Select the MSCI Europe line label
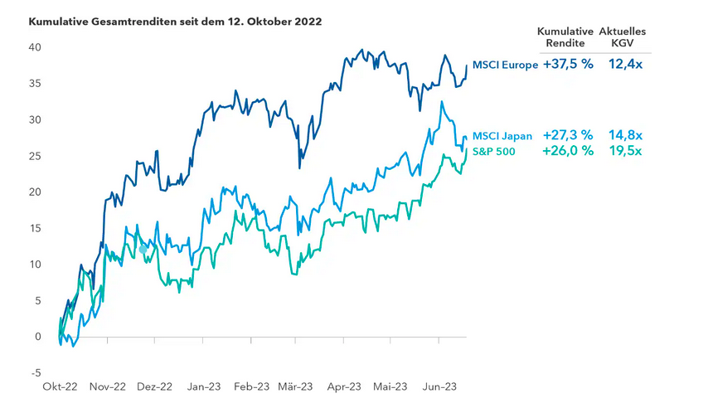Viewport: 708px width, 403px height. pyautogui.click(x=505, y=65)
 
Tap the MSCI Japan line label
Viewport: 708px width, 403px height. pyautogui.click(x=502, y=136)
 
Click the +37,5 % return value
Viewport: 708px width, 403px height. pyautogui.click(x=568, y=65)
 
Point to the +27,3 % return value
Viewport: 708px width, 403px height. pyautogui.click(x=568, y=135)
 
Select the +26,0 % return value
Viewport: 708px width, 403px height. pyautogui.click(x=568, y=151)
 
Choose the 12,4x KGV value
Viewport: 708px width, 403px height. pyautogui.click(x=623, y=65)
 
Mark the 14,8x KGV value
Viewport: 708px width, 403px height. pyautogui.click(x=623, y=135)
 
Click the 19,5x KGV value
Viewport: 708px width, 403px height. pyautogui.click(x=623, y=151)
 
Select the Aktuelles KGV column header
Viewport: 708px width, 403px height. pyautogui.click(x=622, y=36)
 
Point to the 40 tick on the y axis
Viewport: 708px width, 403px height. pyautogui.click(x=36, y=47)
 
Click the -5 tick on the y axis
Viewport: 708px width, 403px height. pyautogui.click(x=37, y=373)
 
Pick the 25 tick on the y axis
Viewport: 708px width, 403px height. pyautogui.click(x=36, y=156)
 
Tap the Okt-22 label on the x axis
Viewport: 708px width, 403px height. pyautogui.click(x=60, y=386)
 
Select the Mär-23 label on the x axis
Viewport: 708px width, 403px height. pyautogui.click(x=295, y=386)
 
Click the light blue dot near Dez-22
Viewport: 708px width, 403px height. pyautogui.click(x=143, y=249)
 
